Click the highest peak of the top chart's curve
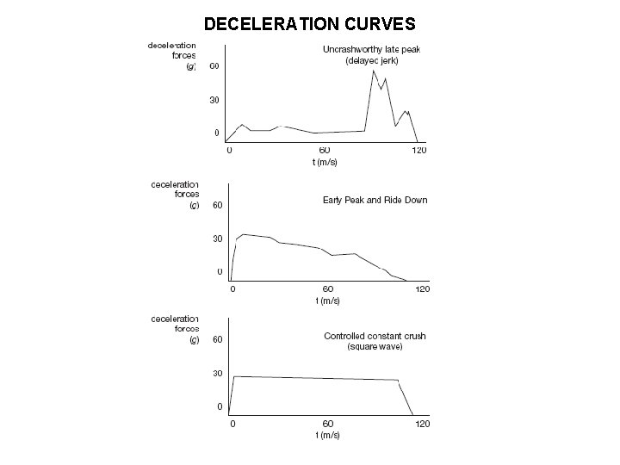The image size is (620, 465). [x=373, y=71]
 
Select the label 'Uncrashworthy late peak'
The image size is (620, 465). [x=371, y=49]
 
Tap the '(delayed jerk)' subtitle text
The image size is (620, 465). [x=371, y=61]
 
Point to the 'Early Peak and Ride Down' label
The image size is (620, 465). [x=375, y=200]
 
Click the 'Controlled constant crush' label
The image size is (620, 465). [x=375, y=336]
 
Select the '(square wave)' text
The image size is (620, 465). [x=375, y=347]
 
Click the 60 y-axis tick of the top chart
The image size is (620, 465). [x=214, y=66]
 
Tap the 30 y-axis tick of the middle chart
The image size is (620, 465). [x=217, y=239]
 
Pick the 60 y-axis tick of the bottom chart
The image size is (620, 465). [x=217, y=339]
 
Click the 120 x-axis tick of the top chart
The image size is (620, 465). [x=419, y=151]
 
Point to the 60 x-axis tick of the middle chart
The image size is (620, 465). [x=327, y=288]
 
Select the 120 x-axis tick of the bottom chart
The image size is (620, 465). [x=422, y=424]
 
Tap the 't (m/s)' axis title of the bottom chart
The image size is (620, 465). [x=327, y=435]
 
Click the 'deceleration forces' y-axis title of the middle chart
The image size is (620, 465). [x=175, y=194]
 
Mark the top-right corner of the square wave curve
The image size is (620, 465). [x=399, y=381]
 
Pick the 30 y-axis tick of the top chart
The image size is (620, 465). [x=214, y=100]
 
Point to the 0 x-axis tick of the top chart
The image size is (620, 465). [x=229, y=151]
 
